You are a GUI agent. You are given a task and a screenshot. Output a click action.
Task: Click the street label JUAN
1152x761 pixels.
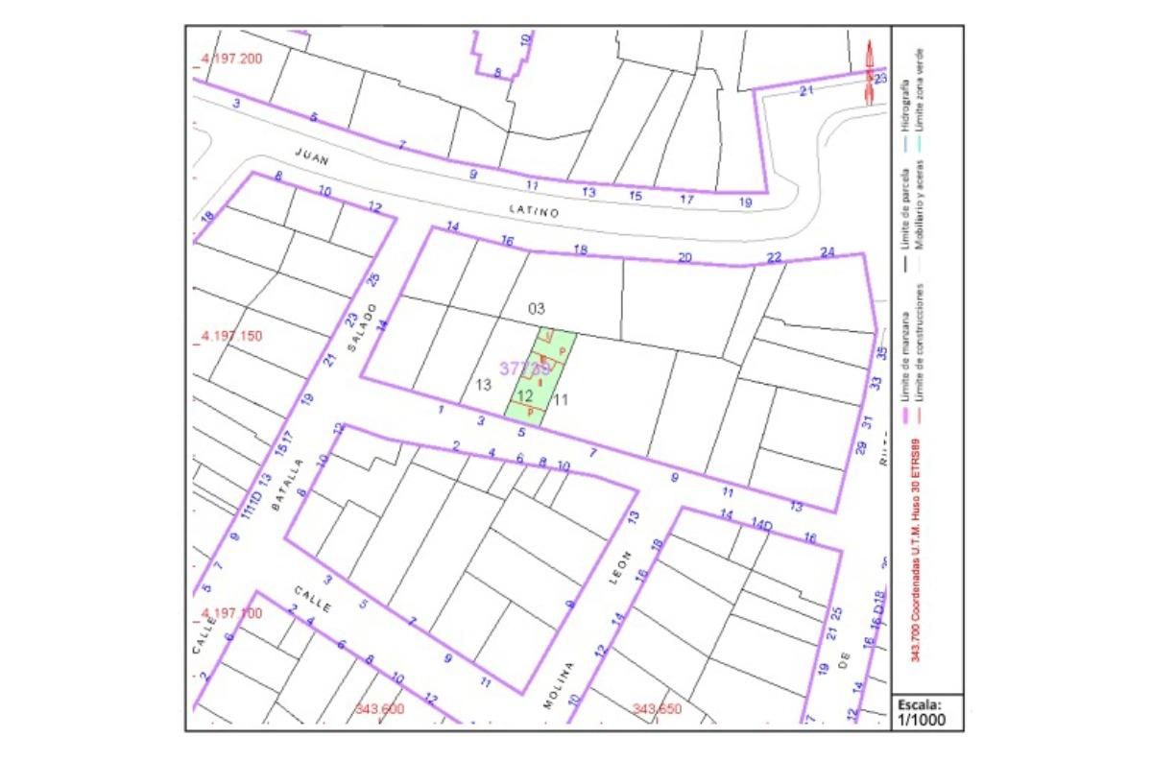tap(312, 158)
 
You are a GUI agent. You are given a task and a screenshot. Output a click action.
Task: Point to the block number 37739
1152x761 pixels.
tap(524, 369)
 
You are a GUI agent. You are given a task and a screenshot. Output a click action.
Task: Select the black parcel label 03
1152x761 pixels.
tap(536, 309)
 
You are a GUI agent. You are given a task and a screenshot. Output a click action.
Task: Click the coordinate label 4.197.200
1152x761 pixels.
tap(231, 59)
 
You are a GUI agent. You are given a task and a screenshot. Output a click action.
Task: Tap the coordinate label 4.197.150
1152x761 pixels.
tap(231, 337)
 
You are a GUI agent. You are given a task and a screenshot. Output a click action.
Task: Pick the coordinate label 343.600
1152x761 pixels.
tap(379, 709)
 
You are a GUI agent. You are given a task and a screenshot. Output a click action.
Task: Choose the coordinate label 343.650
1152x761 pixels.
tap(658, 709)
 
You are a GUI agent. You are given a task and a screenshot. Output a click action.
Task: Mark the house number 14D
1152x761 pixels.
tap(761, 525)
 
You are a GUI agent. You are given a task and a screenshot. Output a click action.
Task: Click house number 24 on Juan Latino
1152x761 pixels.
tap(828, 252)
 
